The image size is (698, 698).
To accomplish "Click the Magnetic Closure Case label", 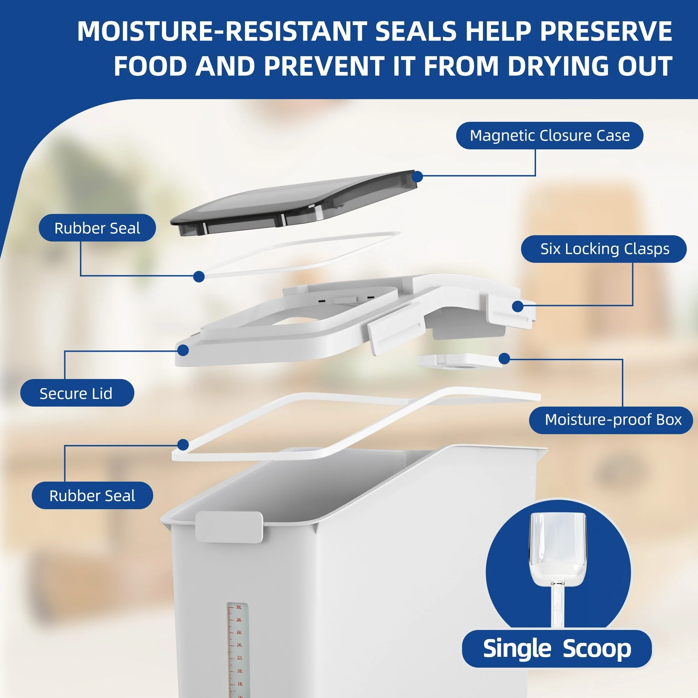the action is pyautogui.click(x=550, y=135).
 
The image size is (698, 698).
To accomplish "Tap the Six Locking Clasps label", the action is pyautogui.click(x=604, y=249).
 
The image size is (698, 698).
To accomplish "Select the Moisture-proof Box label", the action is pyautogui.click(x=611, y=420).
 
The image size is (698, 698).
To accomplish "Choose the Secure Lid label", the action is pyautogui.click(x=77, y=393).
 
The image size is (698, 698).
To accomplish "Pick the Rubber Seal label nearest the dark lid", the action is pyautogui.click(x=97, y=228).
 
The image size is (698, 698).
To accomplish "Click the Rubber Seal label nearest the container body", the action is pyautogui.click(x=92, y=496).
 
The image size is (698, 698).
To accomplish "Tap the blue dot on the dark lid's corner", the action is pyautogui.click(x=417, y=177).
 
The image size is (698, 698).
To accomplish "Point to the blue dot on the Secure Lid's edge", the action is pyautogui.click(x=183, y=350).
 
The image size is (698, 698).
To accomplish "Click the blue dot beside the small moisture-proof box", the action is pyautogui.click(x=504, y=359).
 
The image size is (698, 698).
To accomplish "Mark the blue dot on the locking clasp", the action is pyautogui.click(x=518, y=306).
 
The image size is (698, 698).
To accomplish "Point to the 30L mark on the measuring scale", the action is pyautogui.click(x=239, y=607).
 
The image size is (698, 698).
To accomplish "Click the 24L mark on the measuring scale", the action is pyautogui.click(x=239, y=645).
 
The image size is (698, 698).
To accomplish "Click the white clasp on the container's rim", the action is pyautogui.click(x=229, y=527).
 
